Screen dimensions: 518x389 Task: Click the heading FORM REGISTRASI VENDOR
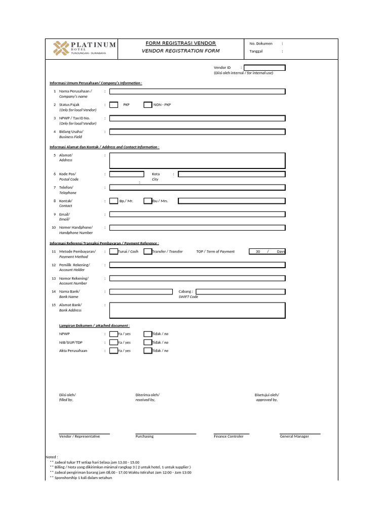(x=180, y=44)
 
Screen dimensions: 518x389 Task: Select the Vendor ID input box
(x=264, y=68)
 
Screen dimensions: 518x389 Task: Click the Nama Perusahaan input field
(x=198, y=92)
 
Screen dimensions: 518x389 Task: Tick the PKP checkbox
(x=114, y=105)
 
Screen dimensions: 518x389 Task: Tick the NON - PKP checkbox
(x=148, y=105)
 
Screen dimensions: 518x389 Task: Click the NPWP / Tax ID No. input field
(x=198, y=118)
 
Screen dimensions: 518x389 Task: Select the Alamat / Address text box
(x=198, y=160)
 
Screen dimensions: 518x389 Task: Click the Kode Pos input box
(x=127, y=174)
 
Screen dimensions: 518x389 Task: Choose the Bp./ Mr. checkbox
(x=114, y=201)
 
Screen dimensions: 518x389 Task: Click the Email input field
(x=198, y=214)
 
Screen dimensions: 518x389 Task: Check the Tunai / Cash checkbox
(x=114, y=251)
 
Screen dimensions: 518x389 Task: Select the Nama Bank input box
(x=141, y=291)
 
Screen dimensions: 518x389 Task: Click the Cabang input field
(x=241, y=291)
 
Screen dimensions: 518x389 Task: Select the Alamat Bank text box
(x=198, y=311)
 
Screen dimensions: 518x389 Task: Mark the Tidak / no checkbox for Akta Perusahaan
(x=148, y=351)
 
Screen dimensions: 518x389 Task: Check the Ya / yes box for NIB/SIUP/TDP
(x=114, y=342)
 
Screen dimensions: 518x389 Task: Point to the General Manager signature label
(x=294, y=437)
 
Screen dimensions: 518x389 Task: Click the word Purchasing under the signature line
(x=144, y=437)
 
